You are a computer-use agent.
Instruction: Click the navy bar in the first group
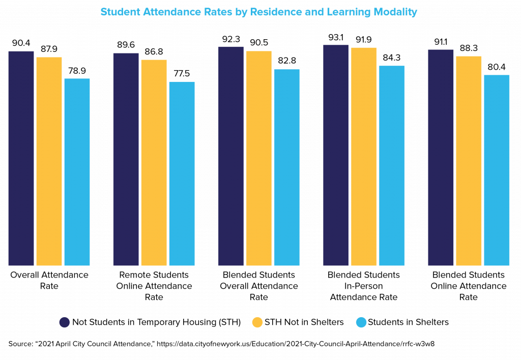(21, 158)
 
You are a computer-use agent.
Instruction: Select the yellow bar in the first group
(49, 161)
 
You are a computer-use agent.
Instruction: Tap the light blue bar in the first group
(77, 172)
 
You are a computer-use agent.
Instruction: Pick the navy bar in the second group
(126, 159)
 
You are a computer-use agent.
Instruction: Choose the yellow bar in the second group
(154, 162)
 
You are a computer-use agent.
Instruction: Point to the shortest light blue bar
(182, 173)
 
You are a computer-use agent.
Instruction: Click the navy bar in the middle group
(231, 156)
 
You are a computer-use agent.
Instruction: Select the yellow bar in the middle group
(258, 158)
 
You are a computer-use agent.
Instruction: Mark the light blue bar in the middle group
(286, 167)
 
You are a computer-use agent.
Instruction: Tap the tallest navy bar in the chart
(336, 155)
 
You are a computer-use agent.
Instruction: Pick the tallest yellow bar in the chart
(364, 156)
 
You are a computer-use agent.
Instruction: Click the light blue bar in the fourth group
(392, 165)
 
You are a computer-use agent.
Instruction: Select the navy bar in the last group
(441, 157)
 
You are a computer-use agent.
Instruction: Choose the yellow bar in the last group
(469, 160)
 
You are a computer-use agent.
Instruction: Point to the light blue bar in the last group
(497, 170)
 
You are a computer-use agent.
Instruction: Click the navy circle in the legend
(65, 322)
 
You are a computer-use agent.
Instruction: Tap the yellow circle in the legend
(257, 322)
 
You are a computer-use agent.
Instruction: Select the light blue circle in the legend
(361, 322)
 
